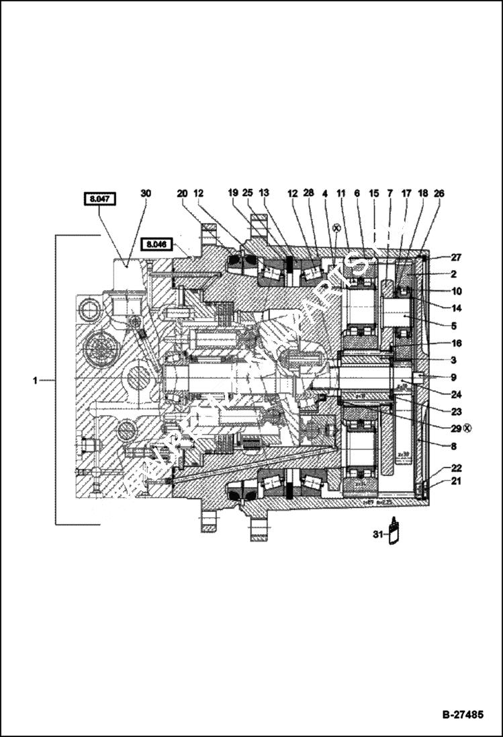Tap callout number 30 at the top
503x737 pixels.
[146, 193]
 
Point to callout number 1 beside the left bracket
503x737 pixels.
[35, 381]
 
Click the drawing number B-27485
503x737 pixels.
[462, 714]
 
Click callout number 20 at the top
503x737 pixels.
[182, 193]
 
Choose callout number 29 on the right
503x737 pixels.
[438, 427]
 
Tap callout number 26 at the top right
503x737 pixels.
[439, 193]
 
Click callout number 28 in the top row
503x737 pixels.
[308, 193]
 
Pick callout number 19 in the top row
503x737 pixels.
[233, 193]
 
